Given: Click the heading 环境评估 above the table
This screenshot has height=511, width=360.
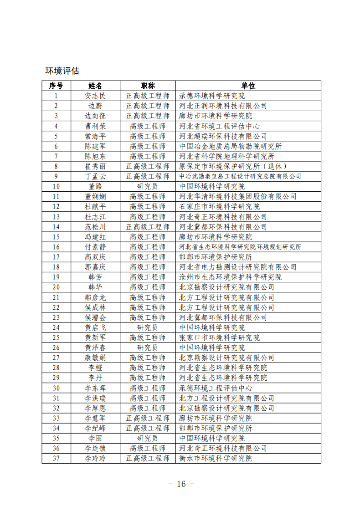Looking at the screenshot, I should point(62,71).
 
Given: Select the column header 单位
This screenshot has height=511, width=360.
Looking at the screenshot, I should point(248,86).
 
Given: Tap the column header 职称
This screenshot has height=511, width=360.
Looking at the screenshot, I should point(148,86).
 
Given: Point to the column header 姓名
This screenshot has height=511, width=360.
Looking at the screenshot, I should point(95,86).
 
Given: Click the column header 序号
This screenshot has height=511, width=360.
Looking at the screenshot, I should point(56,86).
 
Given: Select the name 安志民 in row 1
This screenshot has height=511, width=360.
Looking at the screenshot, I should point(95,96).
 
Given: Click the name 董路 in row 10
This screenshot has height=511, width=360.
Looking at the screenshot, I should point(95,186).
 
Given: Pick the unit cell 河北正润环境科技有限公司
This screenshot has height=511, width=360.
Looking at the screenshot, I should point(223,106).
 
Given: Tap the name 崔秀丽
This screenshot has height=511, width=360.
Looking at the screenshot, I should point(95,166).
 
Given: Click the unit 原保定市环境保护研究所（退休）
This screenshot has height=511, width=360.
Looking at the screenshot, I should point(232,166).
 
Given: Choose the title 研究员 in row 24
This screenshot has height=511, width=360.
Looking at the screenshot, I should point(148,327).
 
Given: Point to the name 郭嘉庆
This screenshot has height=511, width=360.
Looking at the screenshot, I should point(95,267).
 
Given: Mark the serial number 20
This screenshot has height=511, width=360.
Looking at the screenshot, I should point(56,287).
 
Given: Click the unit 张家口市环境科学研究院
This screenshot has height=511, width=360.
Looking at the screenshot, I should point(219,337).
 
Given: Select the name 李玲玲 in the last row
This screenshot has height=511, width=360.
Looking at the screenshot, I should point(95,458).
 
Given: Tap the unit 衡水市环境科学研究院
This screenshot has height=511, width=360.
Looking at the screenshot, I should point(216,458).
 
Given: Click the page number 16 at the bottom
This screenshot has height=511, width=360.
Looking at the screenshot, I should point(181,484).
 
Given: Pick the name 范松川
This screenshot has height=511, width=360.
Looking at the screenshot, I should point(95,227).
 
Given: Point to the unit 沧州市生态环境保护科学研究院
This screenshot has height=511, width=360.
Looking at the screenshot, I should point(230,277).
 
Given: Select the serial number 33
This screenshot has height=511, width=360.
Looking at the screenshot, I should point(56,418).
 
